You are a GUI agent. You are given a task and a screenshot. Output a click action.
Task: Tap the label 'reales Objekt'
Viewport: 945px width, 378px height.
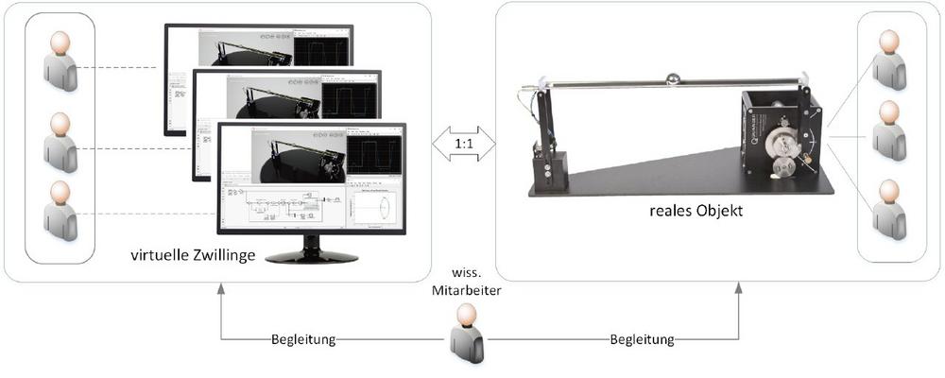click(x=692, y=211)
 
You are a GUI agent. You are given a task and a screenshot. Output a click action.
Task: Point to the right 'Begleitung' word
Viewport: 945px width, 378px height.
click(x=644, y=338)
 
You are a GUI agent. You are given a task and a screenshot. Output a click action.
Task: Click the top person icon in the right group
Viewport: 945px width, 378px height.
click(x=888, y=60)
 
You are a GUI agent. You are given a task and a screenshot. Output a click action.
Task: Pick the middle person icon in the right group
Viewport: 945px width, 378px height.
click(x=888, y=129)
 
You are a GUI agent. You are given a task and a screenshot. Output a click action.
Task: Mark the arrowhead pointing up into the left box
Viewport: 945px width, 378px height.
click(x=220, y=288)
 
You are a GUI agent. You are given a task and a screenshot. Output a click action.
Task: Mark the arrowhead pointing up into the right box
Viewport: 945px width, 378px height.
click(x=739, y=288)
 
